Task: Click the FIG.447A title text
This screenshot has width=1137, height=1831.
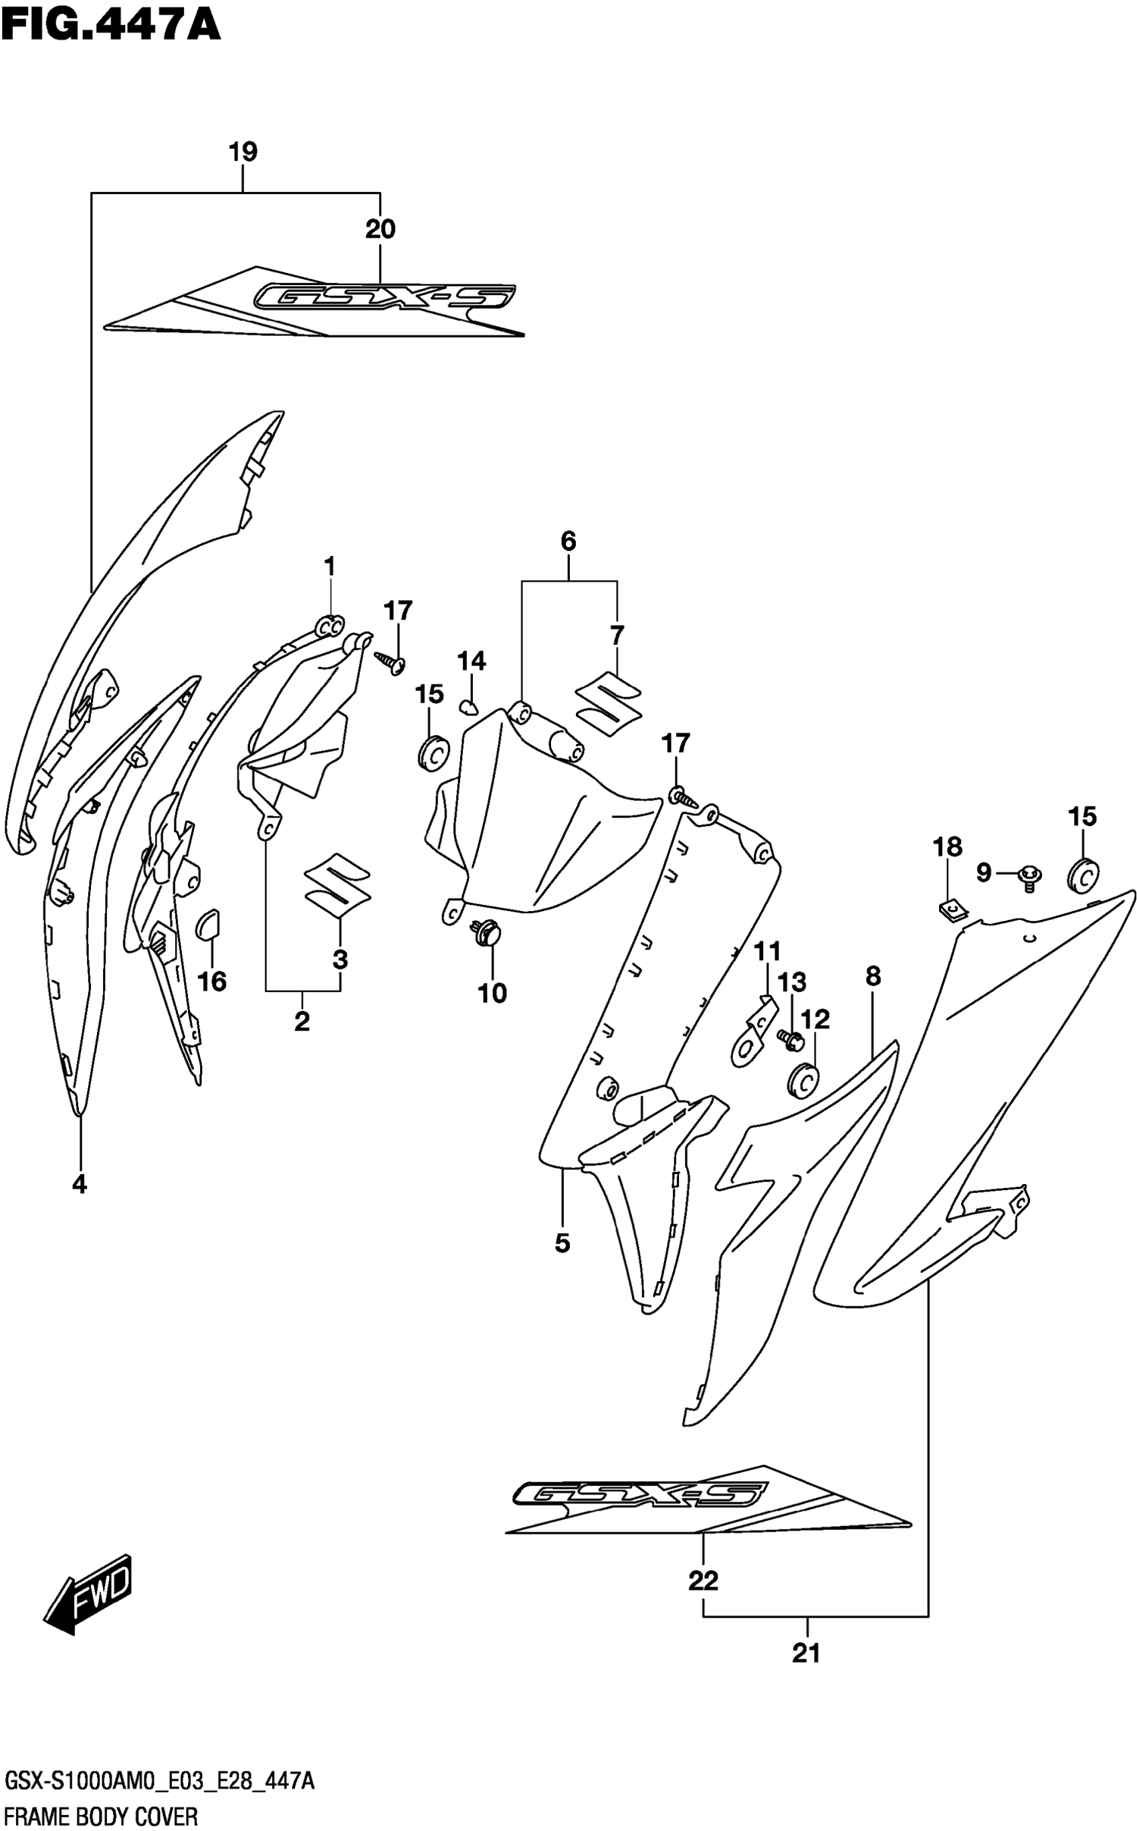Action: pos(110,24)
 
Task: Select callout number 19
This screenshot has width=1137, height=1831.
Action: pos(243,152)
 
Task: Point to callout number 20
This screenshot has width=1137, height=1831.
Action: pos(381,229)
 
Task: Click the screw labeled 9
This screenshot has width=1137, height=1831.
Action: pos(1028,876)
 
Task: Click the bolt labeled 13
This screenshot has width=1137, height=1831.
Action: pos(791,1040)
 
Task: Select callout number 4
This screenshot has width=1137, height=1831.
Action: pos(79,1185)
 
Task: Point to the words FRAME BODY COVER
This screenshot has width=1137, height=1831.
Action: pos(101,1817)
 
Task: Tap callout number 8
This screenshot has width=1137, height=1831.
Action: pos(872,977)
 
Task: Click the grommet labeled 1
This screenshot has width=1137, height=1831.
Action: pos(328,625)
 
